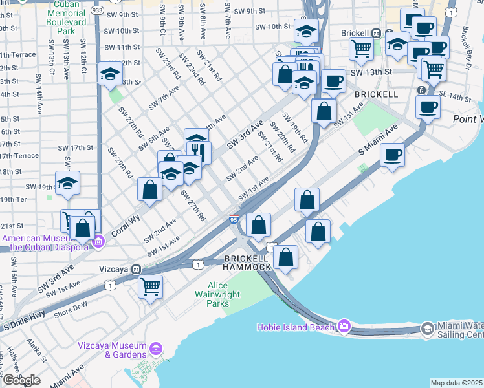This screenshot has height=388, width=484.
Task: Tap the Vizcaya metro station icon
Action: coord(136,269)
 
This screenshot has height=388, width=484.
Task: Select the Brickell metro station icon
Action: coord(388,32)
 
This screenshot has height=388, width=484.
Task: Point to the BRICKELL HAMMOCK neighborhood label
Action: coord(247,263)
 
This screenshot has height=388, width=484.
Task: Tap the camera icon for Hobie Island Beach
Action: coord(344,326)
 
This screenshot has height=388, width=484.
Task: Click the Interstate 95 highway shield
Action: coord(234,221)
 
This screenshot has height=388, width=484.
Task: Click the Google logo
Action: coord(21,380)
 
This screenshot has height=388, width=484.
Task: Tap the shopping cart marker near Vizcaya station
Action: coord(150,285)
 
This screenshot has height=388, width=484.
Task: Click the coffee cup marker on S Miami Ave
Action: coord(392,155)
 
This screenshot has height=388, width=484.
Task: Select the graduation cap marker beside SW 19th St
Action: coord(67,184)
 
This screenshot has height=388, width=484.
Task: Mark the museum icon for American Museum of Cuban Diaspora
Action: coord(98,242)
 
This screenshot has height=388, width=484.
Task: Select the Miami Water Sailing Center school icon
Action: coord(427,329)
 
